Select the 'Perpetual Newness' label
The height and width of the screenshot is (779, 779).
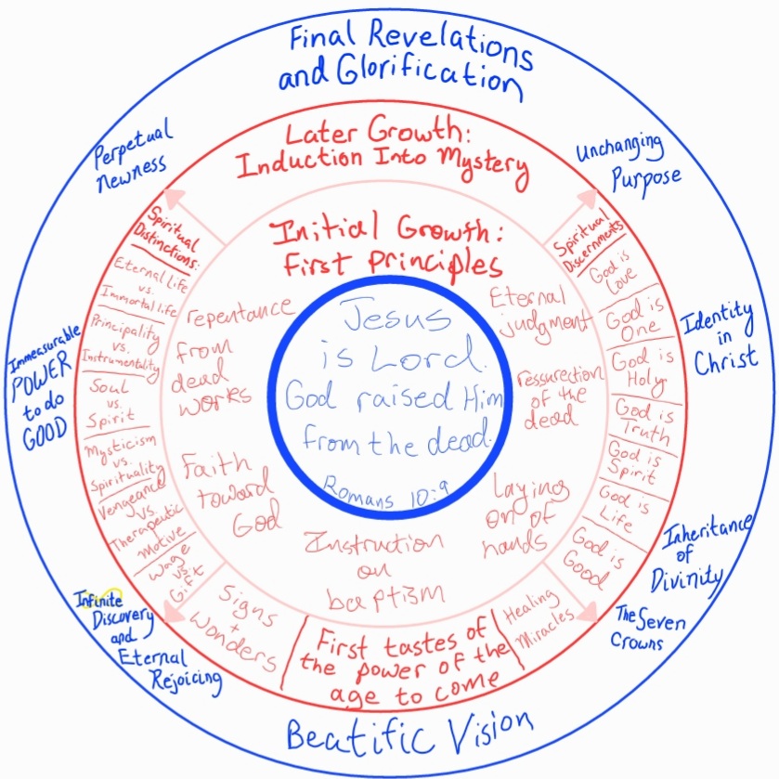pos(130,151)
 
